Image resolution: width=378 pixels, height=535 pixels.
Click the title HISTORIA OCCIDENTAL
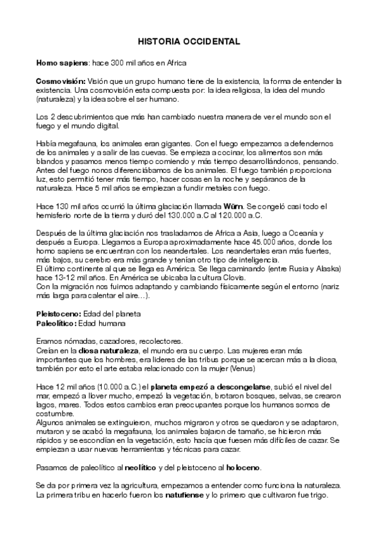click(189, 42)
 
